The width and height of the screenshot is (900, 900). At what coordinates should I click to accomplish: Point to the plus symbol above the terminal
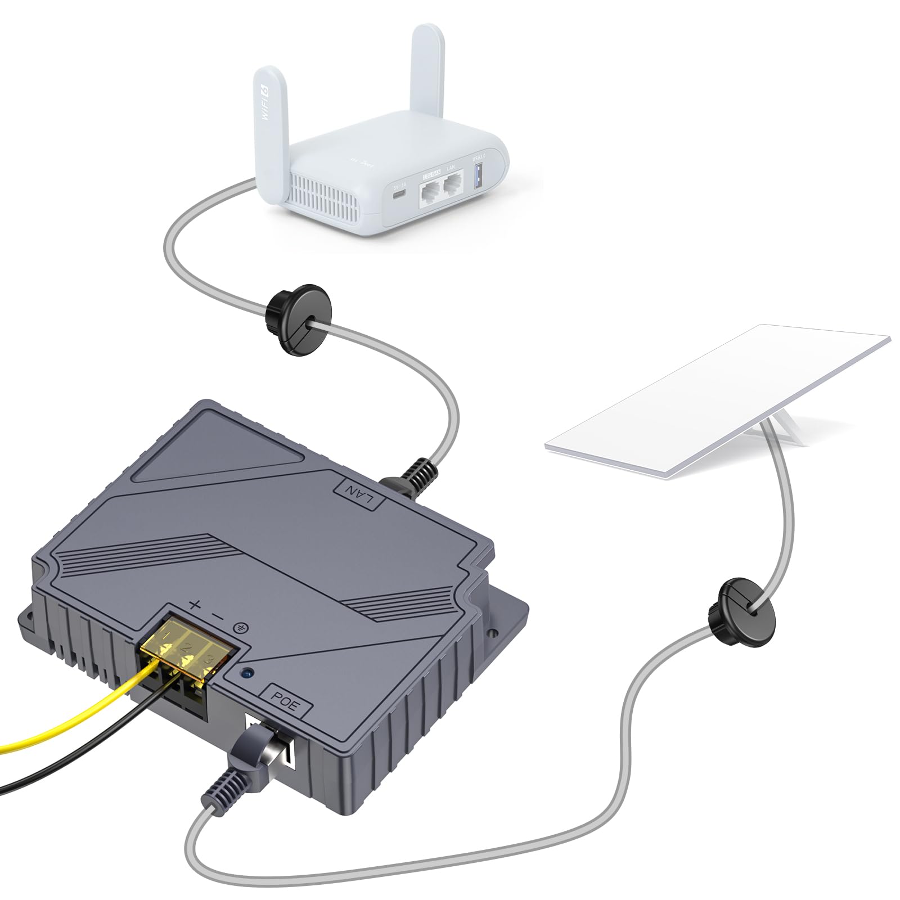click(x=195, y=606)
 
